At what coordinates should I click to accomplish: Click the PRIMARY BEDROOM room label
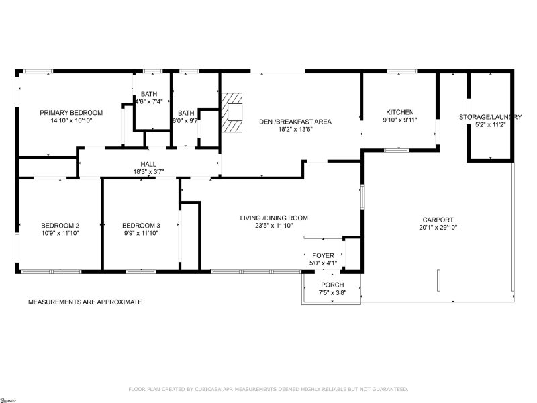[x=70, y=112]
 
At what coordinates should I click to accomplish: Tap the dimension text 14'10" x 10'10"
[x=70, y=121]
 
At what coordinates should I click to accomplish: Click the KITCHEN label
[x=399, y=112]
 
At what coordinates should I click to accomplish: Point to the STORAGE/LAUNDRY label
[x=490, y=117]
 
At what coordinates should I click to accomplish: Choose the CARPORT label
[x=438, y=220]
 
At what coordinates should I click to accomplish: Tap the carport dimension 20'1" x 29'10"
[x=438, y=228]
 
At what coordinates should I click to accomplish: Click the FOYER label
[x=324, y=256]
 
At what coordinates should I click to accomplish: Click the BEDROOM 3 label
[x=141, y=225]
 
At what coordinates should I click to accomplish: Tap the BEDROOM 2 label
[x=60, y=225]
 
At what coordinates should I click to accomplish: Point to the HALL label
[x=148, y=163]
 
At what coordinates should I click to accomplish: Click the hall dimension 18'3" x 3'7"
[x=148, y=172]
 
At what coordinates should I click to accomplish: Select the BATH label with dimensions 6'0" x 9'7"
[x=186, y=113]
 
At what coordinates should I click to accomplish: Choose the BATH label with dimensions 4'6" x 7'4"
[x=148, y=93]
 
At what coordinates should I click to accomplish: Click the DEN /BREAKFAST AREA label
[x=295, y=122]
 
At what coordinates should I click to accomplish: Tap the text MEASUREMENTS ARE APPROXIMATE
[x=85, y=302]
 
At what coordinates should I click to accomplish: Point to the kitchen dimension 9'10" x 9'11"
[x=399, y=121]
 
